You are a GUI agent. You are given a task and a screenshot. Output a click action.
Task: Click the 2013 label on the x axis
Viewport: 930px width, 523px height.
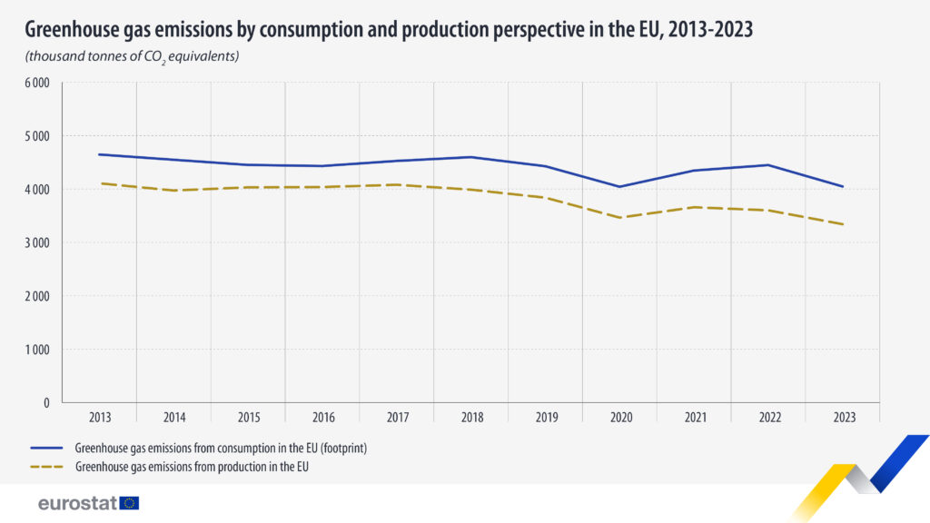point(100,418)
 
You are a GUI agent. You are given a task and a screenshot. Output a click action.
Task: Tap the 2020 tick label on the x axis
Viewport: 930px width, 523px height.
point(621,418)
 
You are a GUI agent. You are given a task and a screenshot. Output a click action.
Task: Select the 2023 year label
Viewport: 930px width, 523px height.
point(845,418)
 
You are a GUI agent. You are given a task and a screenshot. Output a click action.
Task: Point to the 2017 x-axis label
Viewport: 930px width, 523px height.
point(398,418)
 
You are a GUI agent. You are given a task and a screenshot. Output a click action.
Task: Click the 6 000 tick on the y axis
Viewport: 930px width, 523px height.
point(36,83)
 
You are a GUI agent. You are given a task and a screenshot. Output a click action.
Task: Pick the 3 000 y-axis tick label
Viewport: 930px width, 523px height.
point(36,242)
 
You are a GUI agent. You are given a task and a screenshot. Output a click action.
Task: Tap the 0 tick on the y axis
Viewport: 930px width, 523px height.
point(45,402)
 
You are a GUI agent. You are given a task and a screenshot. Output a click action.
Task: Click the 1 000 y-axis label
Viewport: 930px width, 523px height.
point(36,350)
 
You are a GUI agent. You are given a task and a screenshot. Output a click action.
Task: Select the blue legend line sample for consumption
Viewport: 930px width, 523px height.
point(46,448)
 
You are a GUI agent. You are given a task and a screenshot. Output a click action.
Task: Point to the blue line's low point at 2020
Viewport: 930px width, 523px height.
point(620,187)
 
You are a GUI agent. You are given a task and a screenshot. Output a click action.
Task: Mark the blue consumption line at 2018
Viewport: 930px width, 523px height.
point(472,157)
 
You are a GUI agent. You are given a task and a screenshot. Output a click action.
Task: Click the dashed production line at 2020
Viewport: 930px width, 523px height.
point(620,218)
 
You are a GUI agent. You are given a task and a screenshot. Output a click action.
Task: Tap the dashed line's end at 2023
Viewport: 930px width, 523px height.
point(844,224)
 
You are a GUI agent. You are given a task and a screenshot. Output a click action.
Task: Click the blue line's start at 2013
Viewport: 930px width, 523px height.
point(100,154)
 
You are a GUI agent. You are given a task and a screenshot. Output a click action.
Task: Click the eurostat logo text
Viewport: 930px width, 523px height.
point(77,503)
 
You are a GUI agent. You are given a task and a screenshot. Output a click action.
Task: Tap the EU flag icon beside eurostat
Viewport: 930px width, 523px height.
point(129,503)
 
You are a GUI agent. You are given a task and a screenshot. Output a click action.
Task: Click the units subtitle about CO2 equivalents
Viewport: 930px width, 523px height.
point(132,57)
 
